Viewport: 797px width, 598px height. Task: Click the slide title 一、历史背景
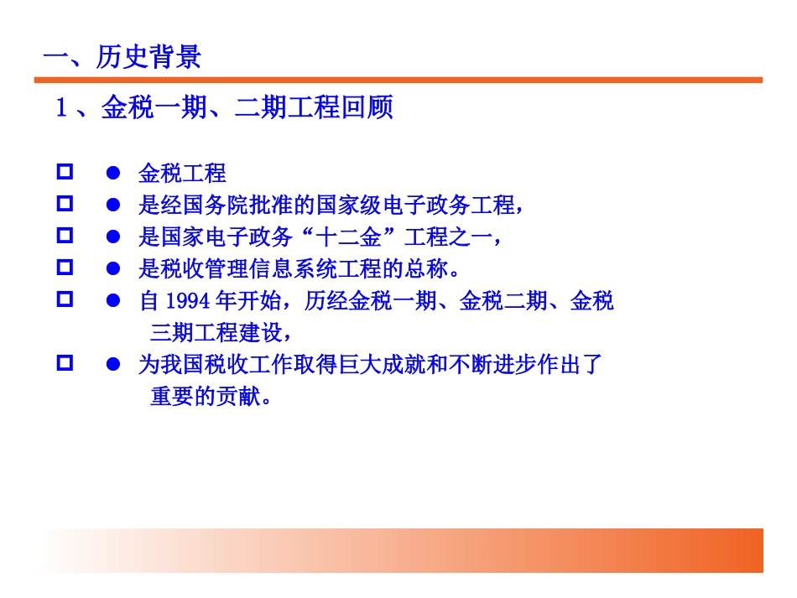pos(122,57)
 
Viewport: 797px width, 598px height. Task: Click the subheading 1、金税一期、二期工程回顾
pos(224,108)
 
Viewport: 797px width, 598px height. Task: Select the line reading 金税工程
pos(182,174)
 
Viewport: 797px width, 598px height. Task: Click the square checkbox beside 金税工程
pos(64,172)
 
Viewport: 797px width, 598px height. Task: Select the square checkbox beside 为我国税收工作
pos(64,363)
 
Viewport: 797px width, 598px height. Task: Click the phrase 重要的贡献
pos(205,396)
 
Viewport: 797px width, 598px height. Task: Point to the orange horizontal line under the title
pos(398,80)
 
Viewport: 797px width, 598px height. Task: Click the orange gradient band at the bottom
pos(398,550)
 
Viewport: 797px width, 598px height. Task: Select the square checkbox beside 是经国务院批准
pos(64,204)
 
